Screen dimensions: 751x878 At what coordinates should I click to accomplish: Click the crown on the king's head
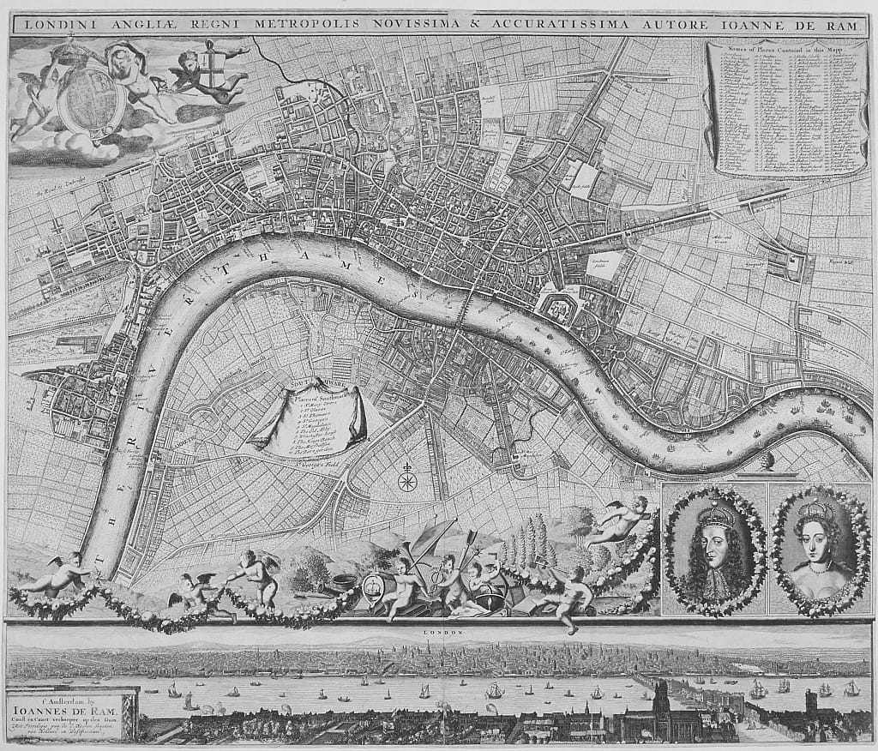(x=714, y=513)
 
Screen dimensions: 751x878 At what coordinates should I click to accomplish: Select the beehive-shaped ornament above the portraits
(x=767, y=461)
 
